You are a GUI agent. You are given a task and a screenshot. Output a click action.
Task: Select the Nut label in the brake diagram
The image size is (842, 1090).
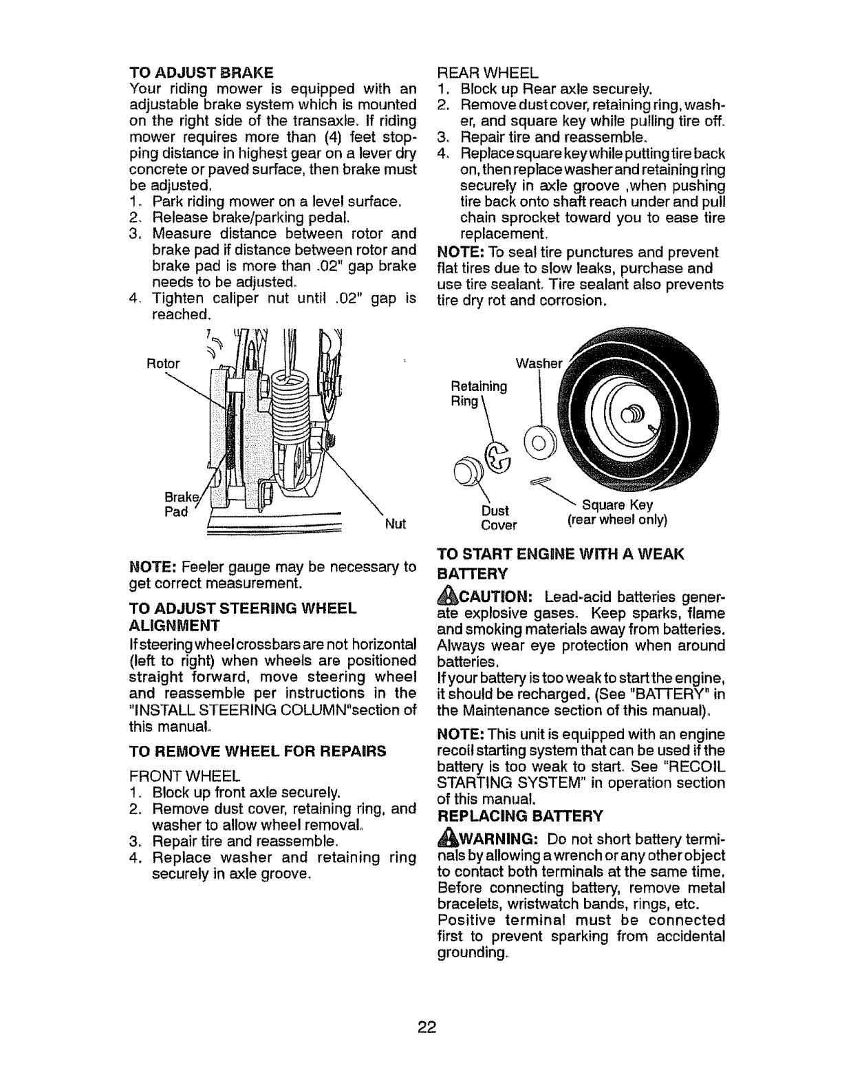[x=394, y=524]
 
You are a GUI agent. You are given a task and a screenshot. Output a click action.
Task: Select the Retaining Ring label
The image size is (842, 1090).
[x=479, y=394]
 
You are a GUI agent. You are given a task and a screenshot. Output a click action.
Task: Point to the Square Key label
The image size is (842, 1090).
[x=617, y=505]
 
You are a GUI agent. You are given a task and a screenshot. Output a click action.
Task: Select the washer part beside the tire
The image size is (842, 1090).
[x=538, y=437]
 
